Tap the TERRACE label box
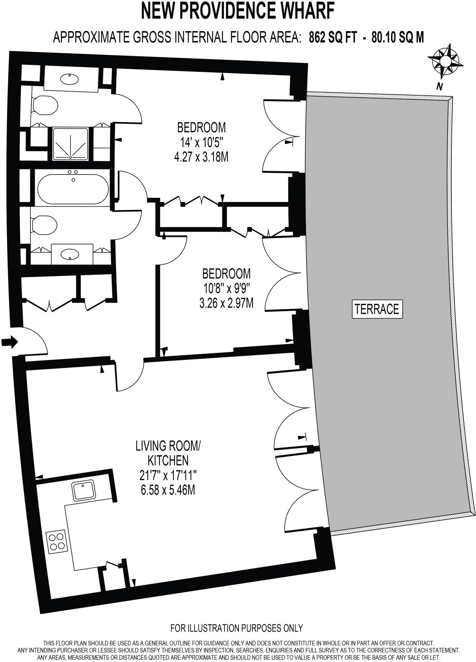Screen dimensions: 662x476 pos(377,309)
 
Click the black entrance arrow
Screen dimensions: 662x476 pos(10,342)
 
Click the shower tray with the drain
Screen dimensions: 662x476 pos(70,144)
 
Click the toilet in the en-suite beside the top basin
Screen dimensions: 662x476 pos(45,105)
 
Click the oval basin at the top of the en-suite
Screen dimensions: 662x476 pos(69,79)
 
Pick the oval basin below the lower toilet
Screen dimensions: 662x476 pos(69,254)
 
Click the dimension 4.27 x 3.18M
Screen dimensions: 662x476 pos(201,157)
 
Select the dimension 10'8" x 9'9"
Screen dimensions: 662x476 pos(226,289)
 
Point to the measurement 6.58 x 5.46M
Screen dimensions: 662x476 pos(168,490)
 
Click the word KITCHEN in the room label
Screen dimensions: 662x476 pos(168,460)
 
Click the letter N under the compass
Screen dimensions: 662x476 pos(439,86)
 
